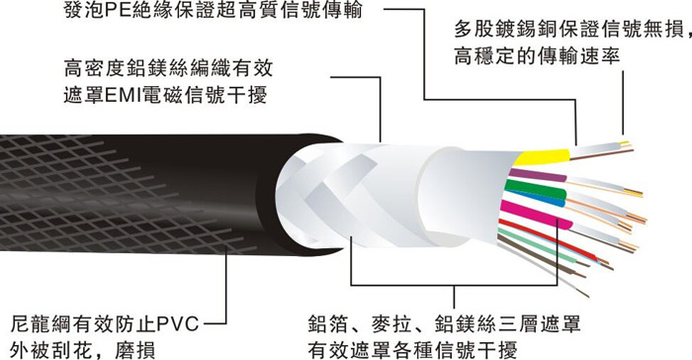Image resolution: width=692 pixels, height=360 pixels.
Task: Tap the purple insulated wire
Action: pos(539,175)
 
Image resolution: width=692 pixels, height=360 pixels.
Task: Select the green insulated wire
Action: pos(535,189)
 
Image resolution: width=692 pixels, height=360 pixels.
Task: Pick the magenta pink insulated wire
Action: pos(536,215)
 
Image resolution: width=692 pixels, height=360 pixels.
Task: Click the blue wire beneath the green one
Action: pos(536,199)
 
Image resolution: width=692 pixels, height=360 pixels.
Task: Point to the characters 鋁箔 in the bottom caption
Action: pos(328,324)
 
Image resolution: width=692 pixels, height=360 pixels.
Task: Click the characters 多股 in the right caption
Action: pos(475,29)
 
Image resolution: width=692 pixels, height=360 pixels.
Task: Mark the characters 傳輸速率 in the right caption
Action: pos(579,56)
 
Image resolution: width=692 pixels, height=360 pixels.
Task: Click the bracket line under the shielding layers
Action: pos(454,286)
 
